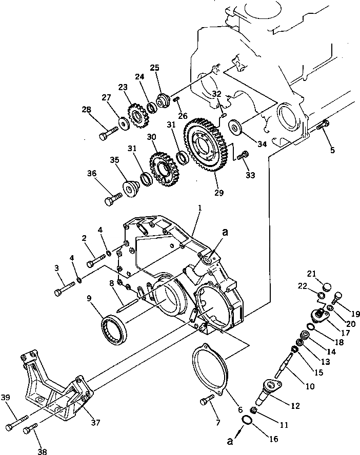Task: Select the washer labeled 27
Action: [x=123, y=123]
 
